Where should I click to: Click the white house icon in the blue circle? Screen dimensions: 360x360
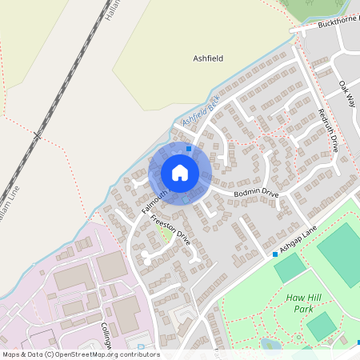click(x=180, y=173)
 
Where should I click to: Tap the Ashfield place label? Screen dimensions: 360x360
click(x=208, y=58)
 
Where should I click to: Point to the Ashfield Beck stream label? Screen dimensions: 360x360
click(x=200, y=110)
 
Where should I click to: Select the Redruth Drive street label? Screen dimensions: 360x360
click(x=329, y=130)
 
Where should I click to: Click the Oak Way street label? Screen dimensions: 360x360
click(x=346, y=94)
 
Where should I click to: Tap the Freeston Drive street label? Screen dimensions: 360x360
click(x=170, y=227)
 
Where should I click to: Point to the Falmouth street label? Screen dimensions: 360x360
click(x=155, y=201)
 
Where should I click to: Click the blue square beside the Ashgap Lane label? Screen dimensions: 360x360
click(x=275, y=254)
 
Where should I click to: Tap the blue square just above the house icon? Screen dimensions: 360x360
click(x=189, y=148)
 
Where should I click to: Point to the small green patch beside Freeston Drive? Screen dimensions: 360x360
click(x=166, y=234)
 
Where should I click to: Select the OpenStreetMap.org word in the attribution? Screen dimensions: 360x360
click(x=83, y=354)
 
